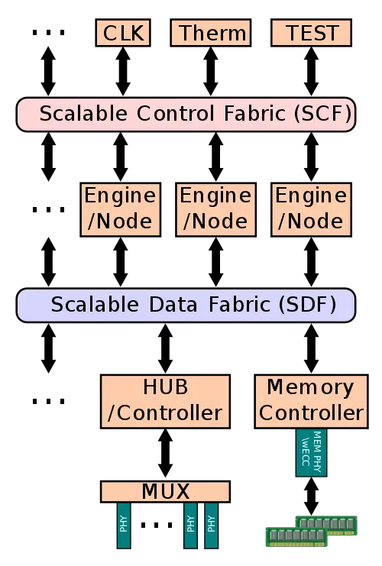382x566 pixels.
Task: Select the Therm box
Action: (x=212, y=33)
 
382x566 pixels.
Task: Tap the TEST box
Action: (x=312, y=33)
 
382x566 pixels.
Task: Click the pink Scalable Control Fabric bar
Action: (x=186, y=115)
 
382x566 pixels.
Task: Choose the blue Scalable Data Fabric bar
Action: (x=186, y=305)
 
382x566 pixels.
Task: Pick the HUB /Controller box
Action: (x=165, y=399)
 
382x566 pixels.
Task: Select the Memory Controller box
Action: (x=310, y=399)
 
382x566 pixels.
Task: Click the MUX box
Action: (x=165, y=491)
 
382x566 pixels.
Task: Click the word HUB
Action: (x=165, y=386)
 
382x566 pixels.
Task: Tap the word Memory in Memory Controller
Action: (x=310, y=386)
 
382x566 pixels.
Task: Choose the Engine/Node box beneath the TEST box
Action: (x=310, y=208)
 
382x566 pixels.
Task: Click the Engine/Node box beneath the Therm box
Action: (x=215, y=208)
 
